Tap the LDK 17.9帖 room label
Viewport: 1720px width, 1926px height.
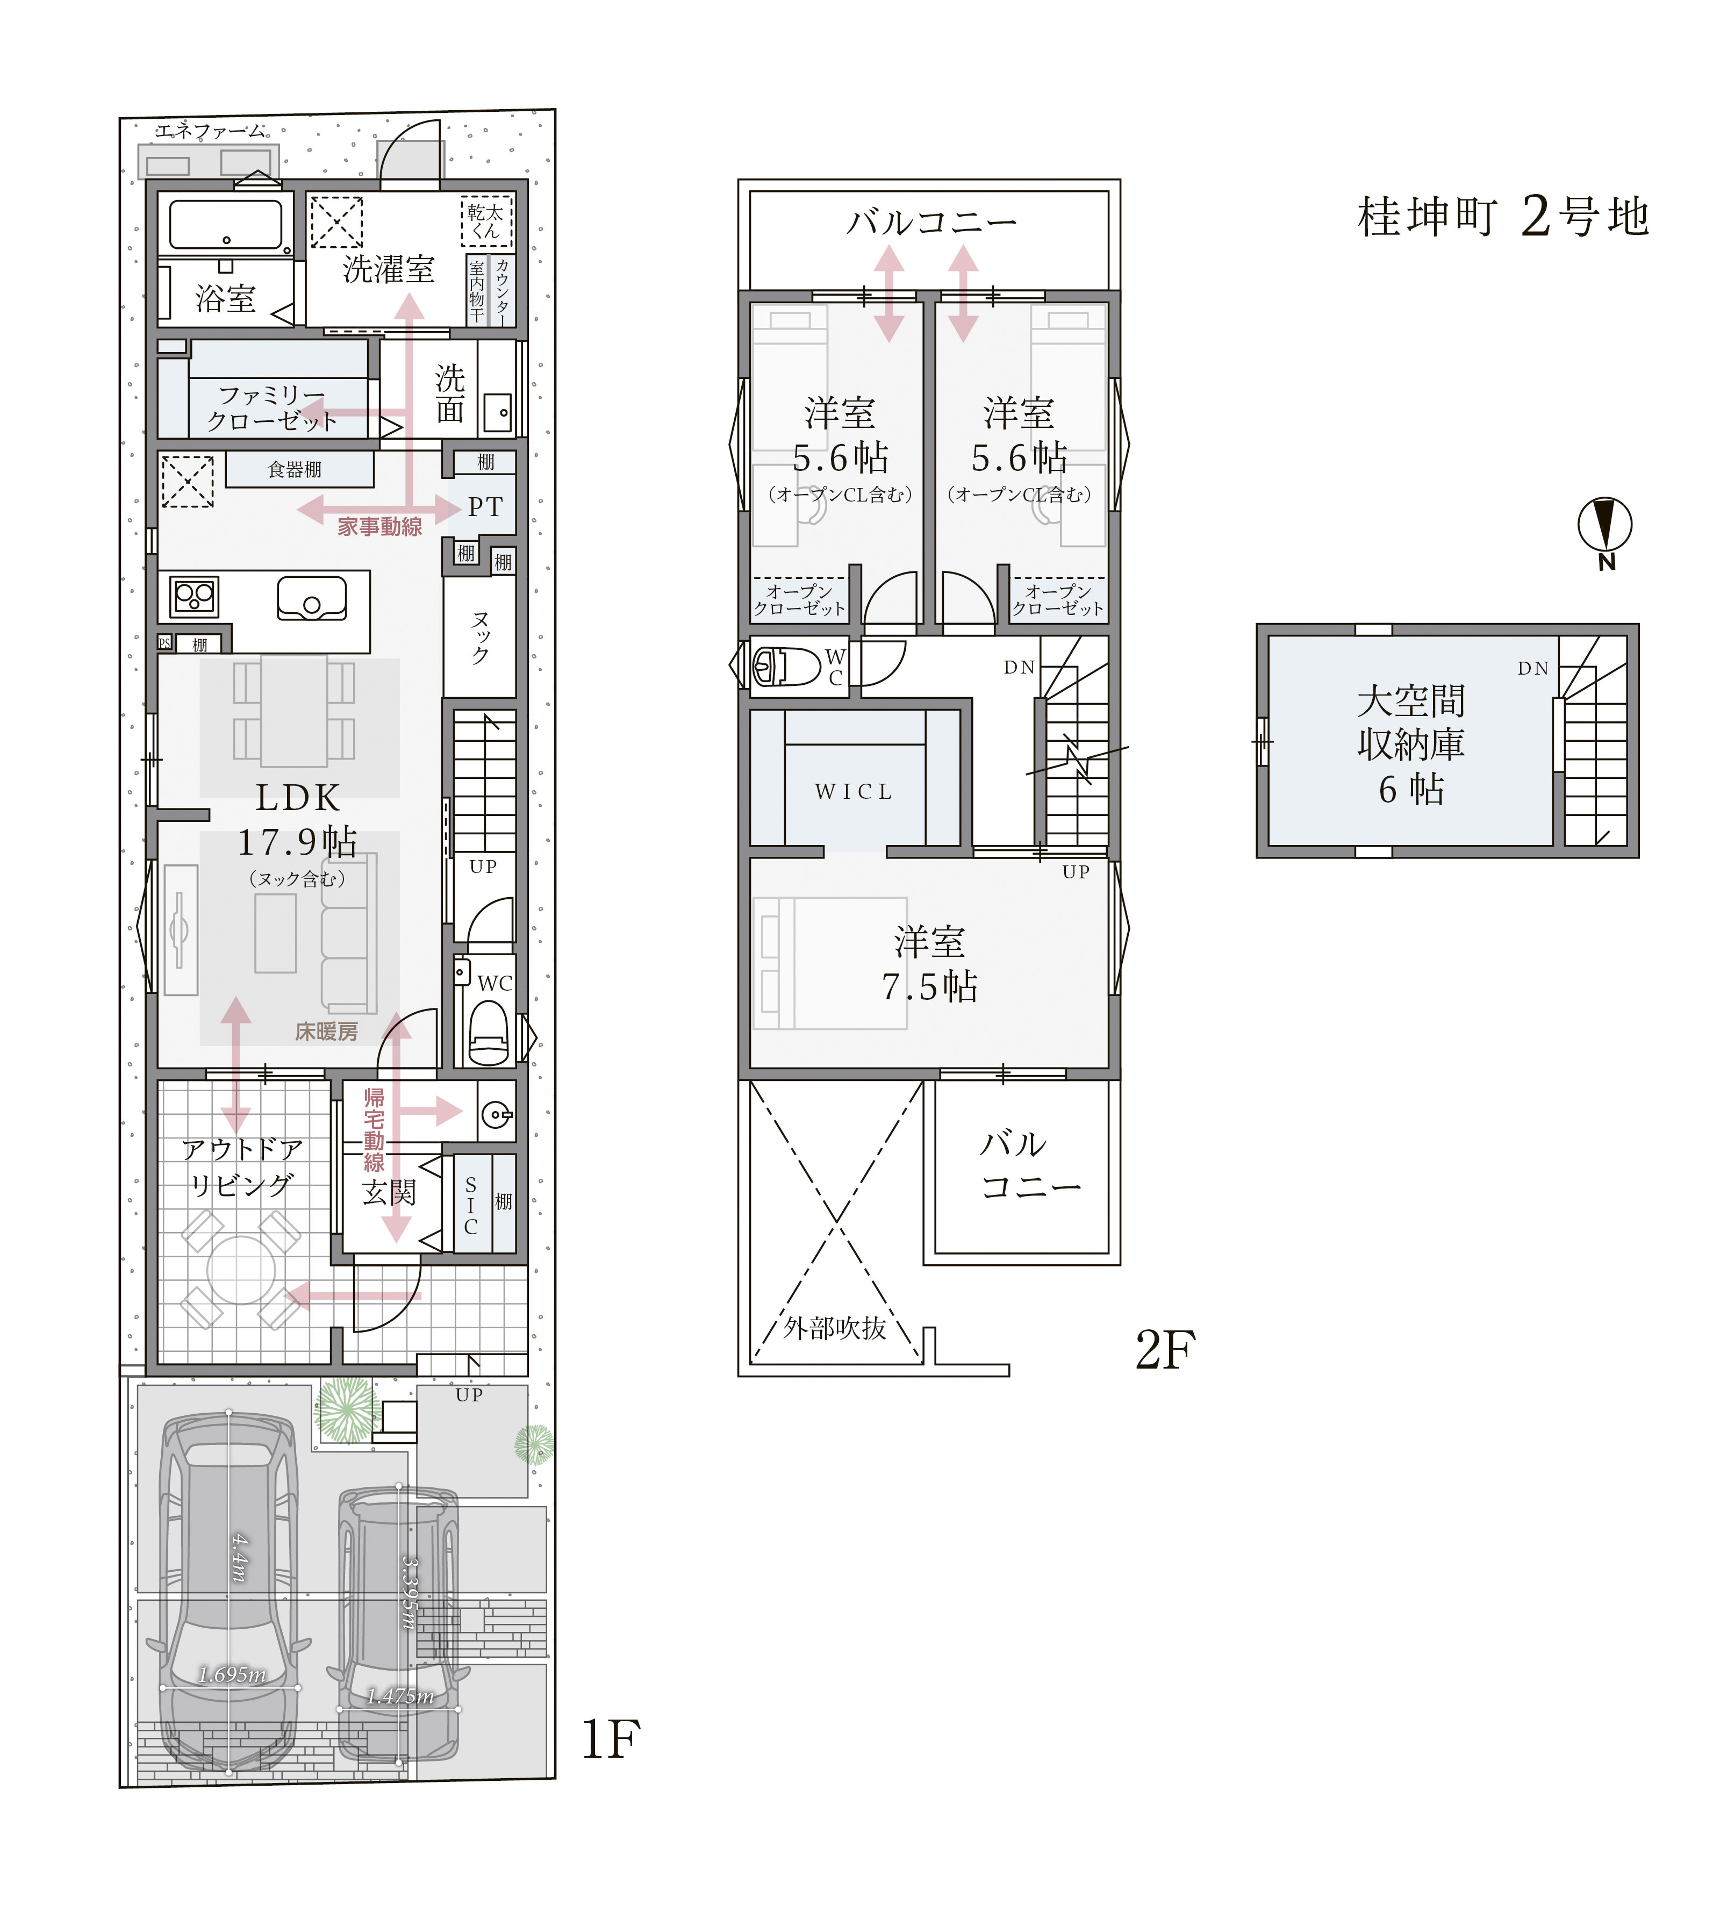(298, 819)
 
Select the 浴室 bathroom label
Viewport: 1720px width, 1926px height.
(226, 299)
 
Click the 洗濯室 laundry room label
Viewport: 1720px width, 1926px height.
(389, 269)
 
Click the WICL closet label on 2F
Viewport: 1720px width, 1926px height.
(854, 792)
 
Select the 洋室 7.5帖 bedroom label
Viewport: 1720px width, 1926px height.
(930, 964)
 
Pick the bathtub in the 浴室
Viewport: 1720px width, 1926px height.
(226, 225)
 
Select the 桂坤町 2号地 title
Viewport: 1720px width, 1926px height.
(1503, 217)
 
